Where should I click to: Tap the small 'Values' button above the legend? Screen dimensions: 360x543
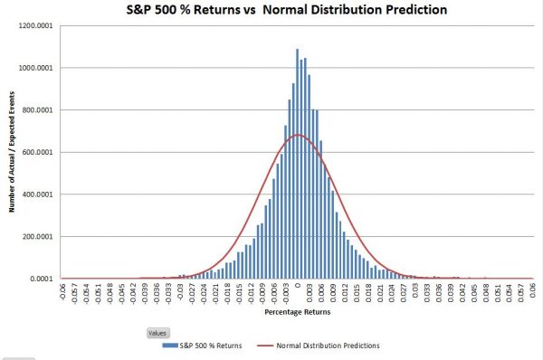coord(158,332)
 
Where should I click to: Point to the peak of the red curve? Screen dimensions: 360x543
coord(297,136)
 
